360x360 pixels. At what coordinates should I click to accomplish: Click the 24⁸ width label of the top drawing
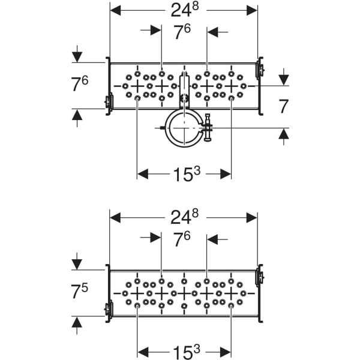pyautogui.click(x=184, y=10)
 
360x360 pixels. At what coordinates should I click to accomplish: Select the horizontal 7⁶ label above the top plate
pyautogui.click(x=184, y=32)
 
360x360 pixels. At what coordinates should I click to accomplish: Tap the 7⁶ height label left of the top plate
pyautogui.click(x=80, y=84)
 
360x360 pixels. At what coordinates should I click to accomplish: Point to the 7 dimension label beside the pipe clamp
pyautogui.click(x=284, y=106)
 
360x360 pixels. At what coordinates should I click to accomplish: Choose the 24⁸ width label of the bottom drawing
pyautogui.click(x=184, y=217)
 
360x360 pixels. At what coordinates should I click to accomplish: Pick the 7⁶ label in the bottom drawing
pyautogui.click(x=184, y=239)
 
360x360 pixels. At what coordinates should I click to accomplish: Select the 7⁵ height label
pyautogui.click(x=80, y=292)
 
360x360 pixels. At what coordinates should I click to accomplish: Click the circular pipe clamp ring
pyautogui.click(x=182, y=127)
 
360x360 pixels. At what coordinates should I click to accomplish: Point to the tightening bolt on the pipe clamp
pyautogui.click(x=208, y=127)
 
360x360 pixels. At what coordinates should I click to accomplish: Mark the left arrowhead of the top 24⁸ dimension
pyautogui.click(x=116, y=10)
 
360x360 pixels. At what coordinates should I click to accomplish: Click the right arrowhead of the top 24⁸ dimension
pyautogui.click(x=252, y=10)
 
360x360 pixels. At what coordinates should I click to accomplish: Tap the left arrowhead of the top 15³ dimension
pyautogui.click(x=143, y=173)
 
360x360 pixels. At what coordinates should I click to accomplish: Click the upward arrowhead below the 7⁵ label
pyautogui.click(x=77, y=322)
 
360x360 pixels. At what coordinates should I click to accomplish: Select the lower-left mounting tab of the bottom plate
pyautogui.click(x=108, y=310)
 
